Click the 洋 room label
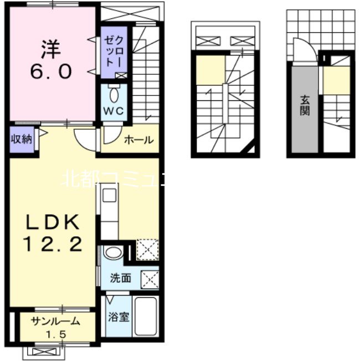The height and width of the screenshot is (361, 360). pyautogui.click(x=51, y=49)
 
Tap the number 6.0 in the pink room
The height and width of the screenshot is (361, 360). pyautogui.click(x=51, y=71)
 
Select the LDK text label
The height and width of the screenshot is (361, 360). pyautogui.click(x=53, y=222)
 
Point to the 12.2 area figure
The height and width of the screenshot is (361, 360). pyautogui.click(x=53, y=244)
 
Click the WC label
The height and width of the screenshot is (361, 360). pyautogui.click(x=114, y=111)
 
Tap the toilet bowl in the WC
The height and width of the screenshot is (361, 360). pyautogui.click(x=114, y=95)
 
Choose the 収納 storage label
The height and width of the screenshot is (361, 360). pyautogui.click(x=22, y=139)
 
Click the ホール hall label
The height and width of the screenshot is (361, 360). pyautogui.click(x=138, y=140)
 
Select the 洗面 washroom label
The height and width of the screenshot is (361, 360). pyautogui.click(x=120, y=278)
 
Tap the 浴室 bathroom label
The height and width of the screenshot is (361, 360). pyautogui.click(x=119, y=317)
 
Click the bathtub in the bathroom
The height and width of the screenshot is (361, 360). pyautogui.click(x=146, y=316)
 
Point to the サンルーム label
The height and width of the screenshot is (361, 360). pyautogui.click(x=56, y=321)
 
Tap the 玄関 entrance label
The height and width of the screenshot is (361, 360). pyautogui.click(x=305, y=106)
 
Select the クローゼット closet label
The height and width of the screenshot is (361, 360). pyautogui.click(x=114, y=51)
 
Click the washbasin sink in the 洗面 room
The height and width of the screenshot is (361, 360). pyautogui.click(x=114, y=252)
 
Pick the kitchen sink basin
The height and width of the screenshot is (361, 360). pyautogui.click(x=110, y=195)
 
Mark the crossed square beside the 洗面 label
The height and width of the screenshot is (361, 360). pyautogui.click(x=150, y=279)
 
